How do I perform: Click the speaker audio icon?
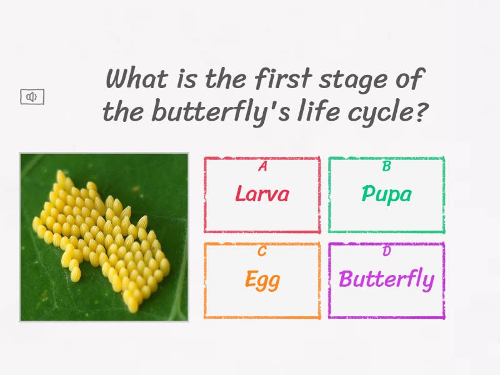pos(32,97)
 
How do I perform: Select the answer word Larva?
pos(262,194)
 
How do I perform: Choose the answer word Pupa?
pos(386,194)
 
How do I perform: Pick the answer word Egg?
pos(262,279)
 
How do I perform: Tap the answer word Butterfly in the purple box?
pos(386,279)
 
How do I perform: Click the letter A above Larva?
pos(262,166)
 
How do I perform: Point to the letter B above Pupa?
pos(386,166)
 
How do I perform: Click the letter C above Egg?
pos(262,252)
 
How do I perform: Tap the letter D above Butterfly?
pos(386,252)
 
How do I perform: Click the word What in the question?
pos(136,80)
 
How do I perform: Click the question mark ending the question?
pos(422,112)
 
